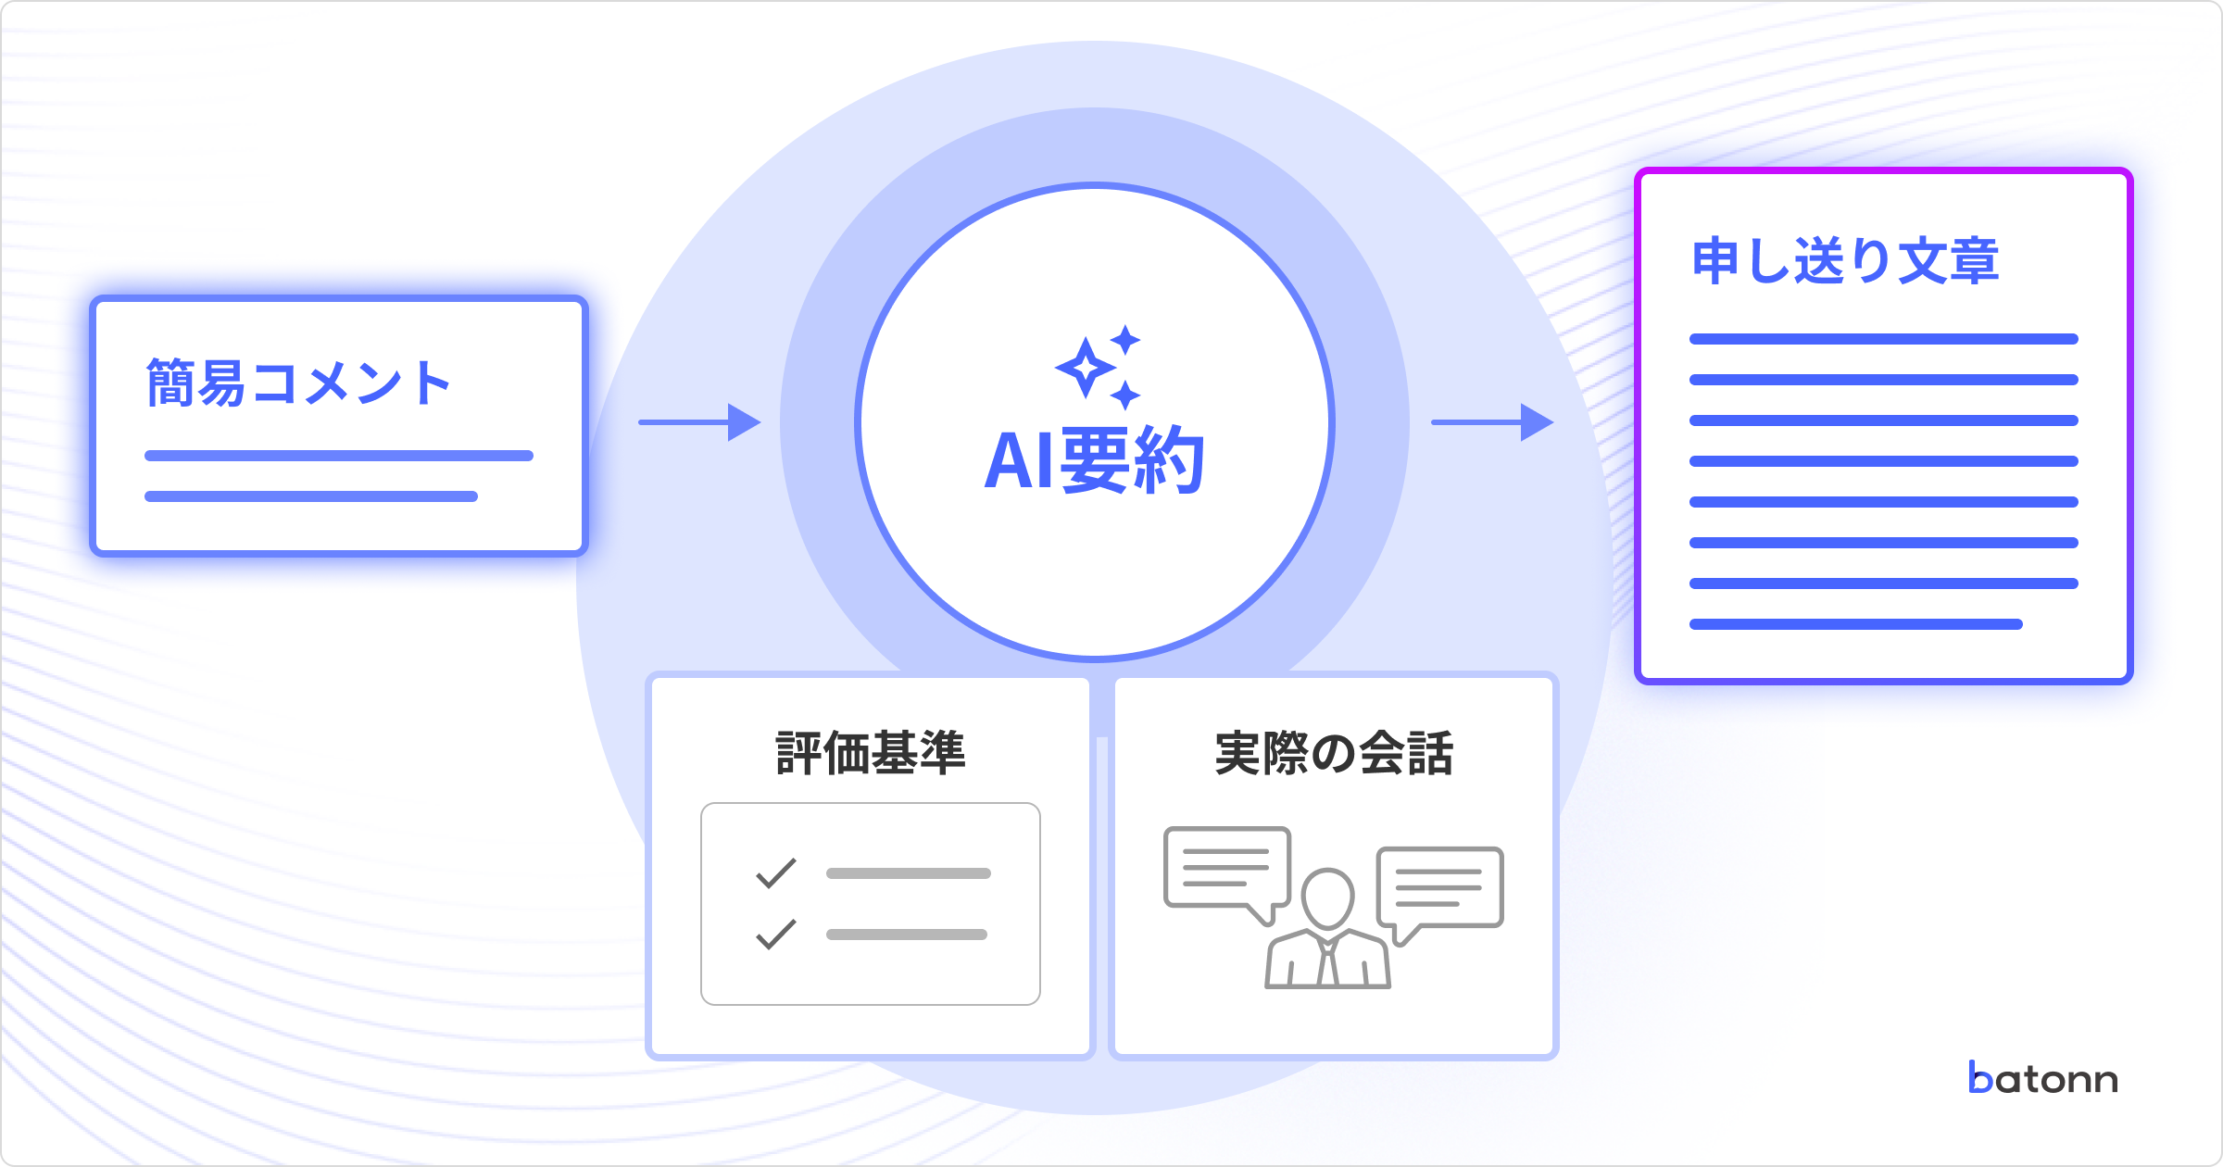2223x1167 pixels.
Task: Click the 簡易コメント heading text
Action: tap(298, 383)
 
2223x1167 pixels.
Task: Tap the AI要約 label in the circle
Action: tap(1094, 460)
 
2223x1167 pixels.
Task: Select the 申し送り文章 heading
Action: tap(1845, 260)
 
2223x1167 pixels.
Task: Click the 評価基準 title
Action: tap(871, 752)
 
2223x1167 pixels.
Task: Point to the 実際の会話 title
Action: tap(1334, 752)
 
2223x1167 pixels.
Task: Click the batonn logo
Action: tap(2043, 1079)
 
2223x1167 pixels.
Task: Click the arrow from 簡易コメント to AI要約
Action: tap(699, 422)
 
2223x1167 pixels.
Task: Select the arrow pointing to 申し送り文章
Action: tap(1492, 422)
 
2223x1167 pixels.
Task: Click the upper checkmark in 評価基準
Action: tap(776, 872)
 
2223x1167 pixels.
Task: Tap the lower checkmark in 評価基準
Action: tap(776, 934)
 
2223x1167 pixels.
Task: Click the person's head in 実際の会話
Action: tap(1327, 897)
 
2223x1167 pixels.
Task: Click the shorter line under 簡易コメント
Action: tap(311, 496)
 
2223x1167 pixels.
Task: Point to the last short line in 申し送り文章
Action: tap(1855, 624)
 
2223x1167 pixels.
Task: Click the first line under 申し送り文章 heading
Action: tap(1883, 339)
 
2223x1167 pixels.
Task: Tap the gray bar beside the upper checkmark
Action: tap(908, 873)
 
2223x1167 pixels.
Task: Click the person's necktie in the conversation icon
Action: tap(1328, 963)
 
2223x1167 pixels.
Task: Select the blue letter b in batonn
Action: tap(1980, 1078)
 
